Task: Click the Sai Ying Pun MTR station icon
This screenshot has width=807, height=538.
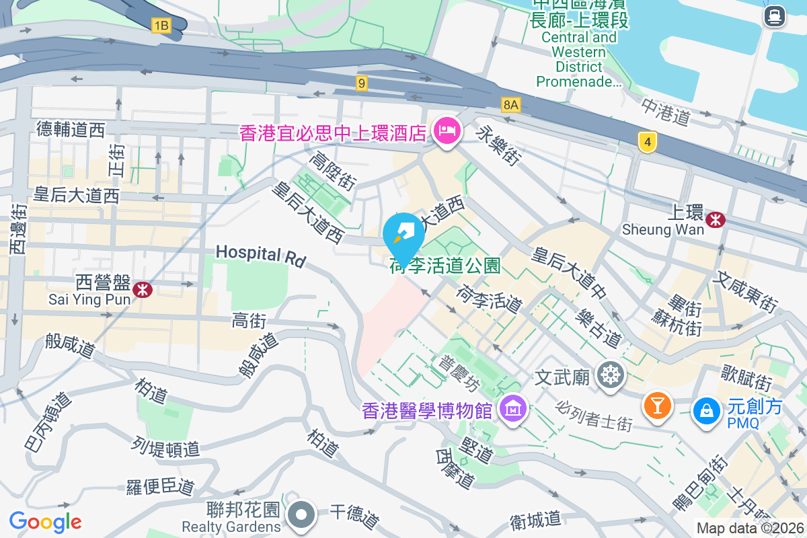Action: (x=141, y=289)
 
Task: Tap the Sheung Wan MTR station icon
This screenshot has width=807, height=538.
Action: (x=716, y=219)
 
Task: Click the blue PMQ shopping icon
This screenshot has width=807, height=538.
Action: (x=707, y=410)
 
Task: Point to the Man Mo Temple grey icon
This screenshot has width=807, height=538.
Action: (x=610, y=375)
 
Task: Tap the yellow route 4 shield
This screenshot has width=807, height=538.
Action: (x=648, y=142)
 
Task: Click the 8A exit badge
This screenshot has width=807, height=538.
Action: (x=511, y=104)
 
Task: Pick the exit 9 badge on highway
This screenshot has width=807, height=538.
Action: (x=362, y=83)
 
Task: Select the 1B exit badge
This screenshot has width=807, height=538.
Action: (x=161, y=26)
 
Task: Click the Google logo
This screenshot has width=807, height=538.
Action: (x=46, y=521)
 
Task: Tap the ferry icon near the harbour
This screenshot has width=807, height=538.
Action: (x=775, y=16)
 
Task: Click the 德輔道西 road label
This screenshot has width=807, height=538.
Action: (x=71, y=129)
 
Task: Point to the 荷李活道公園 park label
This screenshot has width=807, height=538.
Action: (x=445, y=266)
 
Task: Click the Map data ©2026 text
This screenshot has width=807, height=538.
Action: (x=750, y=529)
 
